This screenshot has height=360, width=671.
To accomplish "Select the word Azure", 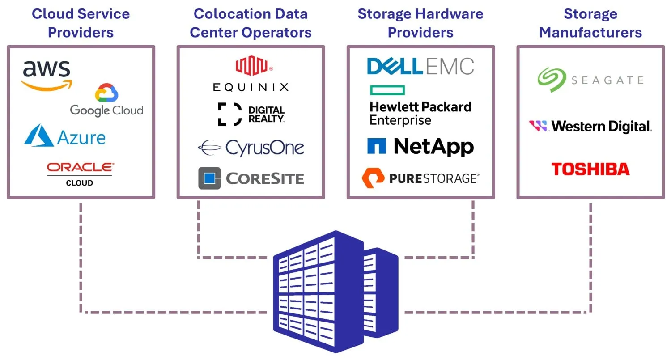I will pyautogui.click(x=81, y=138).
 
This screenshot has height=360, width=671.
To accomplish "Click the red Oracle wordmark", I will pyautogui.click(x=81, y=167).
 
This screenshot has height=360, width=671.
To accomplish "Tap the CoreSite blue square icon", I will pyautogui.click(x=209, y=178).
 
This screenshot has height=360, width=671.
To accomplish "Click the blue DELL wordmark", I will pyautogui.click(x=395, y=67).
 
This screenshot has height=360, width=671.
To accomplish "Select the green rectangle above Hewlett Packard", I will pyautogui.click(x=387, y=90).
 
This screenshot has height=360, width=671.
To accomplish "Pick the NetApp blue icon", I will pyautogui.click(x=377, y=146).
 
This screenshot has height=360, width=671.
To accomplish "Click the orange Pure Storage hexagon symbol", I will pyautogui.click(x=373, y=178).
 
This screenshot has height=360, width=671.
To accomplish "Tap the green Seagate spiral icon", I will pyautogui.click(x=552, y=80).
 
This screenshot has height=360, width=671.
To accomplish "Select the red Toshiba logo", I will pyautogui.click(x=590, y=169).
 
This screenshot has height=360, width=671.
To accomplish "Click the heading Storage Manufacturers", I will pyautogui.click(x=590, y=23).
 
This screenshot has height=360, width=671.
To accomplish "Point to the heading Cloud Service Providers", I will pyautogui.click(x=81, y=23).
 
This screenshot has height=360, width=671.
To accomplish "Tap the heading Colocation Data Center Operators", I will pyautogui.click(x=251, y=23).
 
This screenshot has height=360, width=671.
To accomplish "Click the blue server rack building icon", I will pyautogui.click(x=335, y=291).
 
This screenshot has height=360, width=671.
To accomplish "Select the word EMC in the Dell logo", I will pyautogui.click(x=449, y=67).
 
